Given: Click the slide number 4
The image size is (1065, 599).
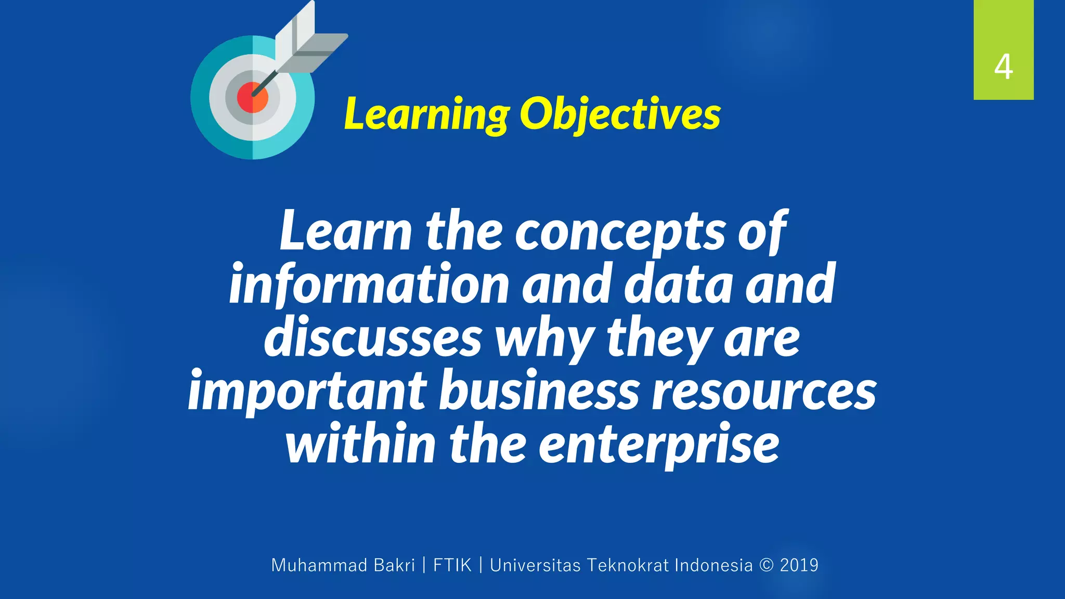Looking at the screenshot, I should coord(1003,67).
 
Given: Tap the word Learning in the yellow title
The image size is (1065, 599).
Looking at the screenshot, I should coord(427,114).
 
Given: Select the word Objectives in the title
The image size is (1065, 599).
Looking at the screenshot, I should coord(620,114).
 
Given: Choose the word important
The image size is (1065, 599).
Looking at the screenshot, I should coord(307,391).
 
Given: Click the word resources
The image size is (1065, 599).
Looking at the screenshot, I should coord(764,391).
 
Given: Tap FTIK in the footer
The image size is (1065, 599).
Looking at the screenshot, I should coord(452,565).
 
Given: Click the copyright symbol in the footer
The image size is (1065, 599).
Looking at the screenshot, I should coord(766,565).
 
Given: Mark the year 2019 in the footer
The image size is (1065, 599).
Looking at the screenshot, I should coord(799,565).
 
